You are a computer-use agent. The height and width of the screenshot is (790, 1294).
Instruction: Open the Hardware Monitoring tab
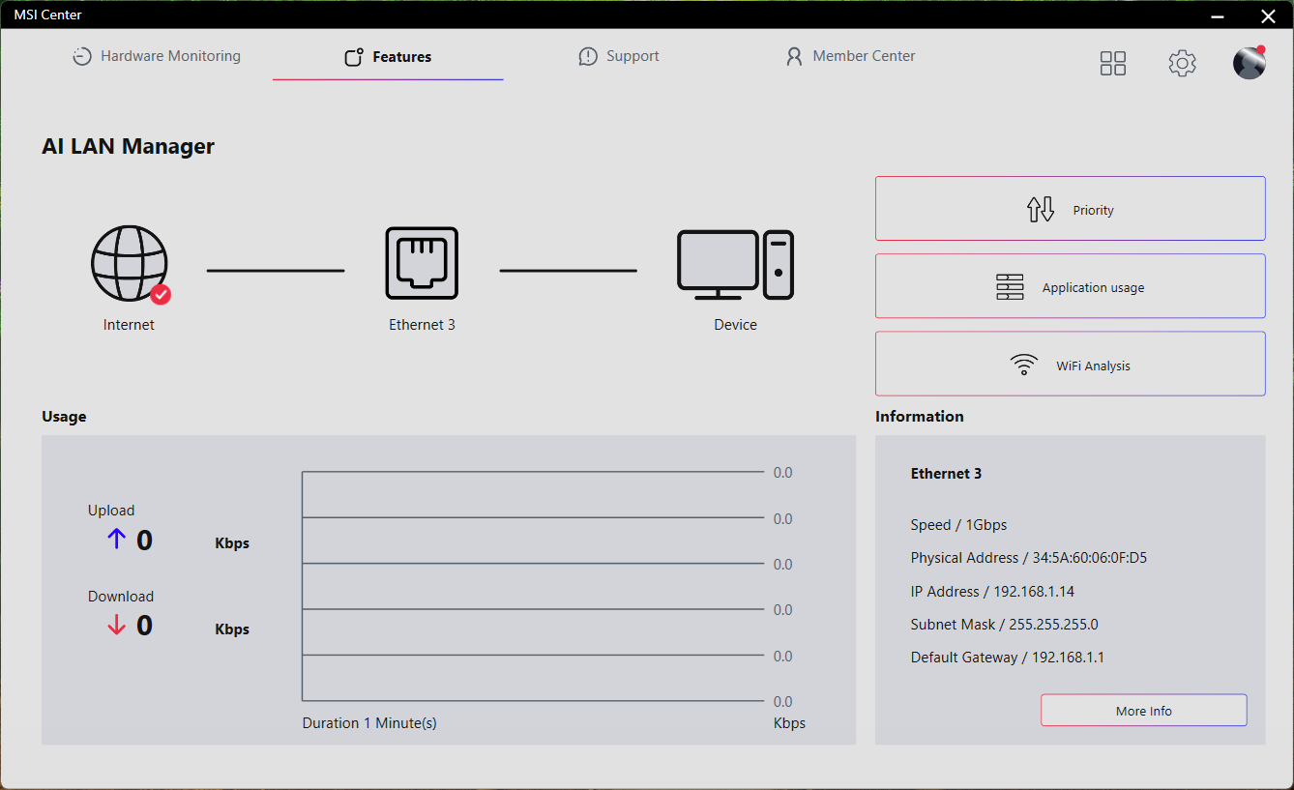click(x=157, y=56)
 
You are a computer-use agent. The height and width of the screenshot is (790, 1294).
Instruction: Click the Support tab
click(x=619, y=56)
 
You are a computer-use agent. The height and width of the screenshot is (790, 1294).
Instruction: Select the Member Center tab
click(x=850, y=56)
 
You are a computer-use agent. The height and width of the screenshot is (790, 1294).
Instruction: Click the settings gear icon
click(x=1182, y=63)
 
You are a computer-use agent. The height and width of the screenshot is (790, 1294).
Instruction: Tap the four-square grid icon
click(x=1112, y=63)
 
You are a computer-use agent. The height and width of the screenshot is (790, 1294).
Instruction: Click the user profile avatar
click(x=1250, y=62)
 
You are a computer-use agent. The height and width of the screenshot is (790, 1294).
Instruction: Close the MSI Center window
click(x=1268, y=15)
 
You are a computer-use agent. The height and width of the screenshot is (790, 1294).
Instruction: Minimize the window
click(x=1218, y=16)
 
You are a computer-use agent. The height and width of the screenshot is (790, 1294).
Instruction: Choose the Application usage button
click(x=1070, y=286)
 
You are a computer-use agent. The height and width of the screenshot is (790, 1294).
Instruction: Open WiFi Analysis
click(x=1070, y=364)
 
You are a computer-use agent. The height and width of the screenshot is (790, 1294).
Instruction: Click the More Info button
click(x=1144, y=711)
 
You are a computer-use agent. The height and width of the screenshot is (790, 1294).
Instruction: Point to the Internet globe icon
click(x=130, y=263)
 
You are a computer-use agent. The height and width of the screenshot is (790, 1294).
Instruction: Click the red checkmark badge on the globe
click(x=161, y=295)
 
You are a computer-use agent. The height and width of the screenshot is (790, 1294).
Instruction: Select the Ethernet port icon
click(x=422, y=263)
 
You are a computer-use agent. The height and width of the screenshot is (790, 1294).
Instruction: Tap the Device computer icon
click(x=735, y=265)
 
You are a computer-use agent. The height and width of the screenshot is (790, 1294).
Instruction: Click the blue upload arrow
click(x=116, y=539)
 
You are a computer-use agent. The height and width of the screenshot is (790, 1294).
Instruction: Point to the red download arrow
click(x=116, y=625)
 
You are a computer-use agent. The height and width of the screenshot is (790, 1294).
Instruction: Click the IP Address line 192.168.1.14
click(x=992, y=592)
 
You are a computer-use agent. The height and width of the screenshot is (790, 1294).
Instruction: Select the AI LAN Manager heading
click(x=128, y=146)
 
